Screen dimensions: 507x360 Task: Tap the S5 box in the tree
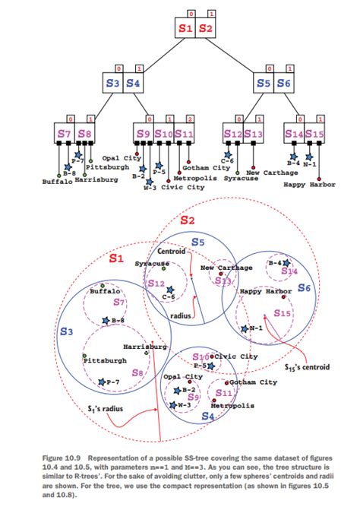click(264, 84)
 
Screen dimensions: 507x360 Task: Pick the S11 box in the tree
click(183, 135)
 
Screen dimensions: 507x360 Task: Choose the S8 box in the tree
click(85, 135)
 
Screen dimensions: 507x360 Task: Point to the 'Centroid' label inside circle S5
click(172, 251)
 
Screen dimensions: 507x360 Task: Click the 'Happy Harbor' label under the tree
click(309, 184)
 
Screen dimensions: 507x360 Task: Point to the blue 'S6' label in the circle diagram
click(304, 288)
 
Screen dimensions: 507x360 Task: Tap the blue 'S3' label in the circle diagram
click(66, 332)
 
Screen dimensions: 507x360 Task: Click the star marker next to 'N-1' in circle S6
click(244, 328)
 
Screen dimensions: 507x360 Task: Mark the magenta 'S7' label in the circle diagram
click(119, 302)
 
